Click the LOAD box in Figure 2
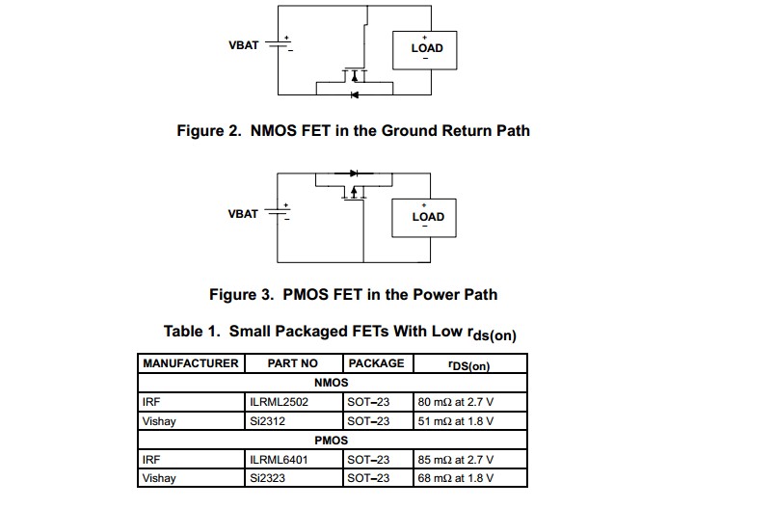427,48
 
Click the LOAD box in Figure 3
427,216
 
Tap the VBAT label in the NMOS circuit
243,45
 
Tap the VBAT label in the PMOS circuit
243,214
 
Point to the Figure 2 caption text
353,130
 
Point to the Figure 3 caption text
353,294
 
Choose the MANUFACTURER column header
191,363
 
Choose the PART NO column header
293,363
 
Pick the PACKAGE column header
376,363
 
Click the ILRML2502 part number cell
280,402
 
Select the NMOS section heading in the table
331,383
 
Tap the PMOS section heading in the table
331,441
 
